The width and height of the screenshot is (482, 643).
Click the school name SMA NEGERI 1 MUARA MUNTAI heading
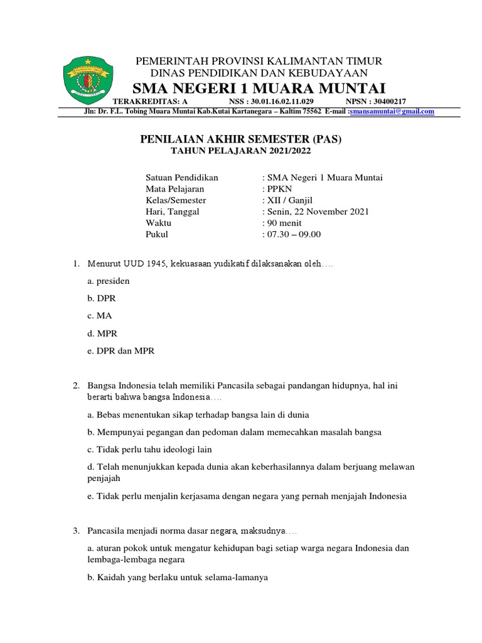point(259,87)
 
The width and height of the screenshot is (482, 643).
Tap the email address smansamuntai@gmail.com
point(392,111)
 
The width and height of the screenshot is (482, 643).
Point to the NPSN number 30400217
point(376,101)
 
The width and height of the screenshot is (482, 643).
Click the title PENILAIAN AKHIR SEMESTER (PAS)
point(241,139)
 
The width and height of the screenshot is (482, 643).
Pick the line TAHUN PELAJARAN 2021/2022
point(241,151)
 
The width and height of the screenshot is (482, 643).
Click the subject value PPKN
point(277,189)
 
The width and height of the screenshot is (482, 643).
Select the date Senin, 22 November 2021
point(318,212)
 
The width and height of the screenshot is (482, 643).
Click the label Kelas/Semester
point(176,200)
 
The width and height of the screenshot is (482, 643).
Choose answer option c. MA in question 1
point(100,316)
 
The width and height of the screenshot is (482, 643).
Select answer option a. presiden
point(109,281)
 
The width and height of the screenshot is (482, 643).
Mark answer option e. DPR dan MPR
point(120,351)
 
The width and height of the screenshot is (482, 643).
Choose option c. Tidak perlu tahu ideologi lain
point(150,449)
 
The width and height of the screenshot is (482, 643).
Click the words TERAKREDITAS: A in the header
point(149,101)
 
